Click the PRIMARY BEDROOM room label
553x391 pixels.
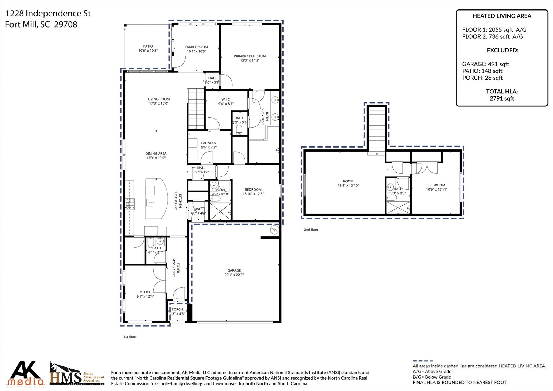tap(249, 56)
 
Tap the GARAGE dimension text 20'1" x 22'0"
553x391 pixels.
tap(234, 275)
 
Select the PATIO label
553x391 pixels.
tap(148, 46)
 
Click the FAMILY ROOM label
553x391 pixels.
tap(196, 47)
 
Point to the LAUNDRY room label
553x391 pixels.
tap(209, 143)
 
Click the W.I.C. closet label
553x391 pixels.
tap(226, 99)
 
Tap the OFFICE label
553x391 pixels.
tap(145, 292)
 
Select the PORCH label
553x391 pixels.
tap(177, 309)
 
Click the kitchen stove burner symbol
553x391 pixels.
tap(130, 204)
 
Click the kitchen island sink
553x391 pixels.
tap(150, 202)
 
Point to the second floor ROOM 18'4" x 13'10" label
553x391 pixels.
tap(348, 181)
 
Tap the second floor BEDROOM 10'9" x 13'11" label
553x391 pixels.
tap(436, 185)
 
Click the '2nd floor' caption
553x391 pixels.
tap(311, 230)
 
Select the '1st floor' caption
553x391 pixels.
tap(130, 337)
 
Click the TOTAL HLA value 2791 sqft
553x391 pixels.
tap(502, 99)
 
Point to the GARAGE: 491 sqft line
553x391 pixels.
tap(485, 64)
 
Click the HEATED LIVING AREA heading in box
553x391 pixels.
tap(502, 16)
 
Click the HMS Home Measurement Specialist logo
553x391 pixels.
tap(77, 374)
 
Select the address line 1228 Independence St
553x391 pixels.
tap(48, 14)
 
